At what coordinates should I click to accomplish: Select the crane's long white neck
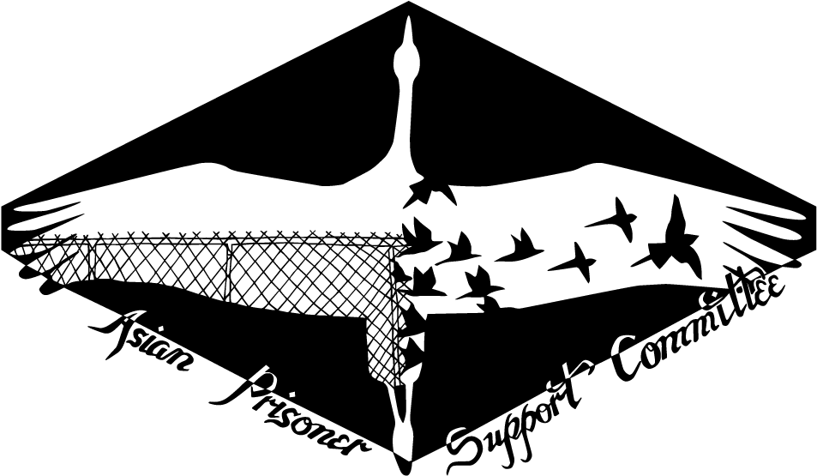click(408, 120)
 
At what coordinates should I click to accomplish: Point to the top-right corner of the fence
click(404, 238)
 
